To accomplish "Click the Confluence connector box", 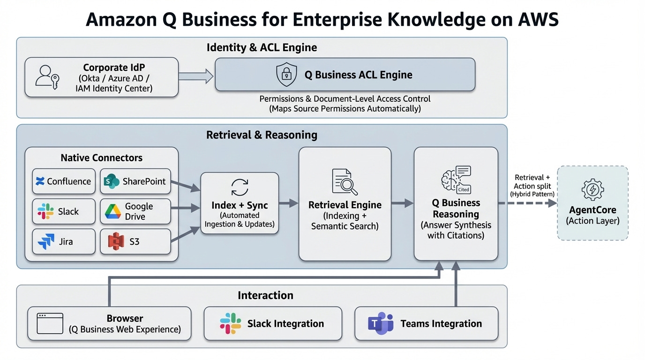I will [x=63, y=181].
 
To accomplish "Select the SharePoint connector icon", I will [x=112, y=181].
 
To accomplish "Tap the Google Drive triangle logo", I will [x=113, y=211].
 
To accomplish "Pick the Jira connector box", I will [x=63, y=242].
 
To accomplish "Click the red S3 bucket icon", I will [x=115, y=242].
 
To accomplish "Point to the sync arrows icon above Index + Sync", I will [x=240, y=187].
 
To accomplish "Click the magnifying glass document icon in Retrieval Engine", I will [x=345, y=182].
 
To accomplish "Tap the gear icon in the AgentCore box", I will [x=592, y=189].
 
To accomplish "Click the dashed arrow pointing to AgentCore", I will [x=527, y=203].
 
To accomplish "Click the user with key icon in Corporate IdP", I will [x=47, y=77].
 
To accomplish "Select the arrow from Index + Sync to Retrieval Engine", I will [x=289, y=203].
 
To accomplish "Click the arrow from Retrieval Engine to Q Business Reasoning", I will [x=402, y=203].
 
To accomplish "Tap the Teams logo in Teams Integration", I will [x=380, y=323].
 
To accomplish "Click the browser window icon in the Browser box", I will [x=50, y=323].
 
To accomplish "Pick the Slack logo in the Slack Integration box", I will [x=230, y=323].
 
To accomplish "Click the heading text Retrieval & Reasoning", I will [x=262, y=135].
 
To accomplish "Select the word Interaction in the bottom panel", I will [x=265, y=295].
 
